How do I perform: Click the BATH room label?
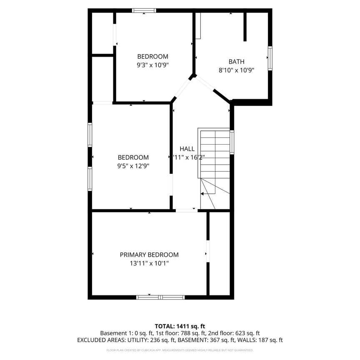[x=236, y=62]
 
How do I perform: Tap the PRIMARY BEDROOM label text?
[x=149, y=255]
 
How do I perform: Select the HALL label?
[x=187, y=149]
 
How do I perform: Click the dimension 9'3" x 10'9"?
[x=153, y=65]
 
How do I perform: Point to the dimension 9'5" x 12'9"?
[x=133, y=165]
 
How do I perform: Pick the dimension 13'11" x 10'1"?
[x=149, y=263]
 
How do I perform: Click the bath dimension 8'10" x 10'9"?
[x=236, y=70]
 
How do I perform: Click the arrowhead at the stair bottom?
[x=202, y=194]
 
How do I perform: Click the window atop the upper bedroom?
[x=144, y=10]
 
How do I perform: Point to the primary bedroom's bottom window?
[x=161, y=297]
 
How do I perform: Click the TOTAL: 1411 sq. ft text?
[x=180, y=326]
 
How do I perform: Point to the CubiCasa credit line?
[x=180, y=350]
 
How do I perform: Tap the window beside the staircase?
[x=232, y=142]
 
